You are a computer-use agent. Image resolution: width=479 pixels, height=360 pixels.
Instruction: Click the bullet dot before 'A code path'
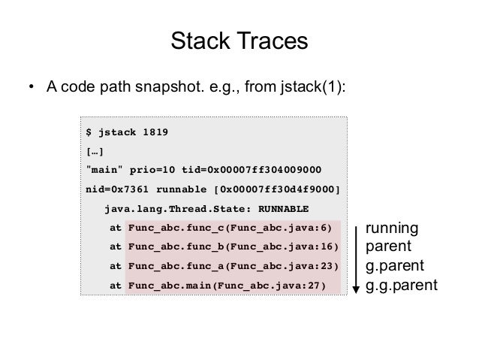coord(31,86)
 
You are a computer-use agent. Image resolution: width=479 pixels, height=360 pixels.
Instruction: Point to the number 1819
coord(154,133)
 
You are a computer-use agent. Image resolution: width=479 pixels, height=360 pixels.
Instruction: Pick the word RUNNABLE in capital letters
coord(282,207)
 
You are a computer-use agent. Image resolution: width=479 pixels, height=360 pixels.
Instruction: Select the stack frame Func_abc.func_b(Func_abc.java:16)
coord(233,247)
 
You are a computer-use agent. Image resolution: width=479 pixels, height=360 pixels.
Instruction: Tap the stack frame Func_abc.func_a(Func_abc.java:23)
coord(233,266)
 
